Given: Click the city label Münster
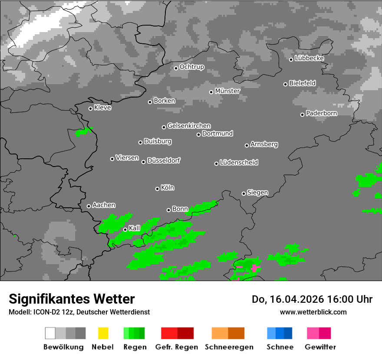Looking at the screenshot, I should (x=227, y=91).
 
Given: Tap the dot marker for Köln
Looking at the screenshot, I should (x=158, y=189).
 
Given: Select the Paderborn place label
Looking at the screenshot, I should (x=322, y=114).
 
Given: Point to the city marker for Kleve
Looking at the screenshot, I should (x=91, y=108).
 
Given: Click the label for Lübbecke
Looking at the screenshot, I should (x=310, y=58).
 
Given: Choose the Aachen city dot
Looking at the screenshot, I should (x=89, y=206).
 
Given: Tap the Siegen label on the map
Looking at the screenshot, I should (x=258, y=193).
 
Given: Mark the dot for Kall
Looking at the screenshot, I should (x=125, y=229).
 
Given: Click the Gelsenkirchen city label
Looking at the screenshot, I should (x=189, y=126).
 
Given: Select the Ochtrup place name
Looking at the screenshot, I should (x=192, y=67).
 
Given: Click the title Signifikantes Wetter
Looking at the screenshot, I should (x=72, y=299).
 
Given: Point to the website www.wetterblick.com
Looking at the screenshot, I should (x=313, y=312).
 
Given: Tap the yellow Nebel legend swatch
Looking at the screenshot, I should (x=103, y=333).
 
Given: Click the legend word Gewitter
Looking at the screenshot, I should (x=320, y=347).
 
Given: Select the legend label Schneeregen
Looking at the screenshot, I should (x=229, y=347).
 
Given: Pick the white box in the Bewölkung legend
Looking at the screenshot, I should (x=50, y=333).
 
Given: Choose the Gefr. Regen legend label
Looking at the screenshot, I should (x=177, y=347).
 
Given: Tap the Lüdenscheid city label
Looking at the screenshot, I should (x=239, y=163).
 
